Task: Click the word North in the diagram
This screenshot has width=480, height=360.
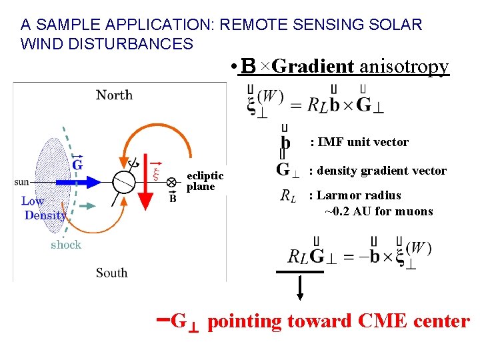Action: [114, 95]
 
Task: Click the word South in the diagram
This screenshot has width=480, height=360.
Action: [111, 272]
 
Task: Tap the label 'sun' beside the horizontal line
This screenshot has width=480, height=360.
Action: [21, 181]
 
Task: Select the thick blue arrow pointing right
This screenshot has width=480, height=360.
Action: [73, 181]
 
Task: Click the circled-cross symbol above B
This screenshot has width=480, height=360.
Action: [172, 181]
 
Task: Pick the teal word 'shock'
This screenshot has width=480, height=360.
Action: [65, 245]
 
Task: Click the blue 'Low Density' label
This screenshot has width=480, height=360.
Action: [44, 207]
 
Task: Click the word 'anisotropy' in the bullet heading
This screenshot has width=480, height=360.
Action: [404, 67]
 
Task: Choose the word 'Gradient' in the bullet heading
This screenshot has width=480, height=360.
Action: [313, 67]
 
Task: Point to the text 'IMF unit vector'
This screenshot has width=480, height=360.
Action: [363, 141]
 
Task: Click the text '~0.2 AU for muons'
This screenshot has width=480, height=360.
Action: [379, 211]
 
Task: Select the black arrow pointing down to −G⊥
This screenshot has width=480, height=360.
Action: [300, 287]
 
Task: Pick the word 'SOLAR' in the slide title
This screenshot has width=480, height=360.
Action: [399, 25]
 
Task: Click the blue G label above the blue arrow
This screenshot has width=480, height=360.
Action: [77, 164]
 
